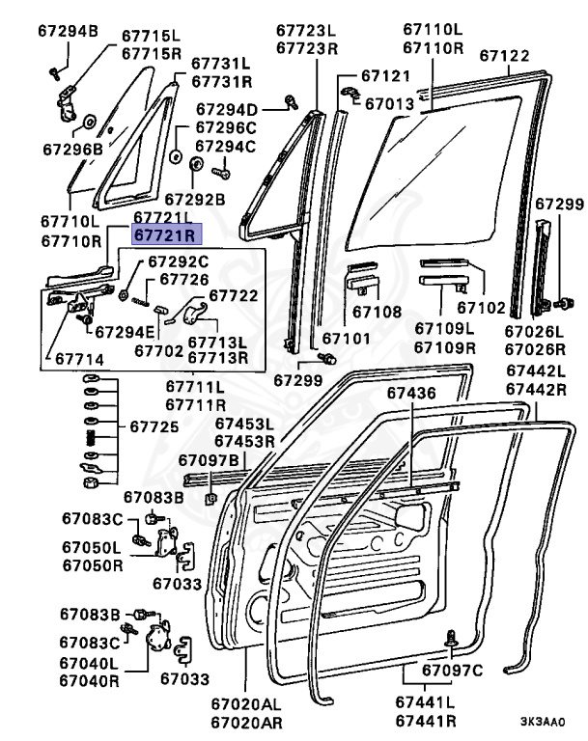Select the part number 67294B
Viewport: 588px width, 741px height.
point(68,32)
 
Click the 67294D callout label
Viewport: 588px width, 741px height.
point(227,110)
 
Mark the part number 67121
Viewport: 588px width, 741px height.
point(386,75)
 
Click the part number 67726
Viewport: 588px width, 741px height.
point(183,280)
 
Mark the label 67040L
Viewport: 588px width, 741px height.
point(90,663)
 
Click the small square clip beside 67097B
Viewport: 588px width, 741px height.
point(210,499)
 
